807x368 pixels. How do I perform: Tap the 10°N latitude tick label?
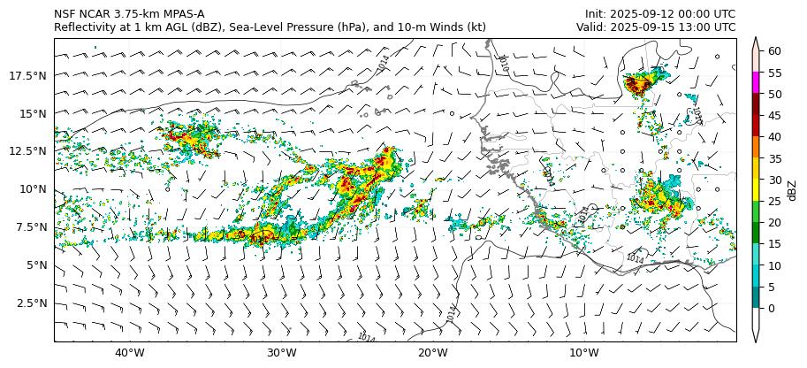[35, 189]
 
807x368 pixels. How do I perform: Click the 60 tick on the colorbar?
[773, 51]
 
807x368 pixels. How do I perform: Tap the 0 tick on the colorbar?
[771, 308]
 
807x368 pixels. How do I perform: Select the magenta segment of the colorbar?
[756, 82]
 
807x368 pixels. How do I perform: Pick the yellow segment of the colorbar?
[756, 189]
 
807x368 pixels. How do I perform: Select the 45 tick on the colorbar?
[773, 115]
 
